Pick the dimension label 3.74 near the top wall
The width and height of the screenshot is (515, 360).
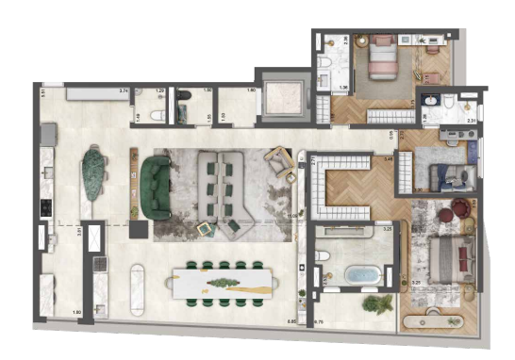tap(123, 90)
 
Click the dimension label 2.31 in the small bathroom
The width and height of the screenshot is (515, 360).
tap(472, 121)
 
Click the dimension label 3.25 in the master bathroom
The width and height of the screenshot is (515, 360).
tap(386, 229)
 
